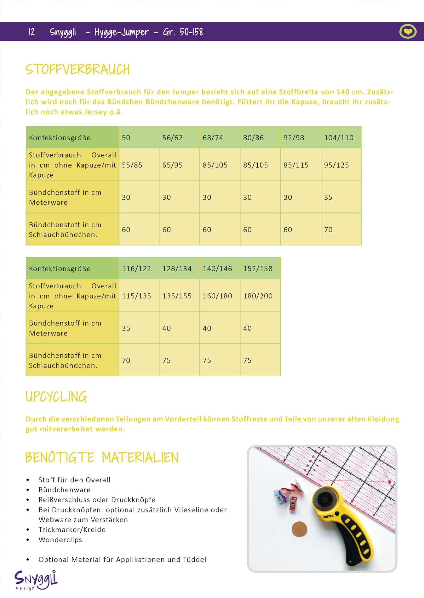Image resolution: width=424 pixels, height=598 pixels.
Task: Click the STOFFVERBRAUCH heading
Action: pyautogui.click(x=77, y=69)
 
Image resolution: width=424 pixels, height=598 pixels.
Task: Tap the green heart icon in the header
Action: pyautogui.click(x=408, y=32)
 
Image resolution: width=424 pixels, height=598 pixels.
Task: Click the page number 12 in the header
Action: pyautogui.click(x=32, y=32)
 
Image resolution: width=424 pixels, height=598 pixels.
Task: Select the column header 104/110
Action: pyautogui.click(x=339, y=138)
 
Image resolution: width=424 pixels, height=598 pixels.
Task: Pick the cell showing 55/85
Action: pyautogui.click(x=132, y=165)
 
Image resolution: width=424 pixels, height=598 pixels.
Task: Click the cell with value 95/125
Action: pyautogui.click(x=336, y=165)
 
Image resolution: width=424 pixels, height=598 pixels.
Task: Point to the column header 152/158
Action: pyautogui.click(x=258, y=269)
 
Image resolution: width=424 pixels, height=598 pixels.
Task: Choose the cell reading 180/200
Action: pyautogui.click(x=258, y=296)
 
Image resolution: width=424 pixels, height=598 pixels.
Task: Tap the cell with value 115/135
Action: pyautogui.click(x=136, y=296)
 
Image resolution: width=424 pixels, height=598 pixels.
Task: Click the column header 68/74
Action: pyautogui.click(x=213, y=138)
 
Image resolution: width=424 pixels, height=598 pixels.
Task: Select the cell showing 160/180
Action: pyautogui.click(x=217, y=296)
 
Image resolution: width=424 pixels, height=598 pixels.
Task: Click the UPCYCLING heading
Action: pyautogui.click(x=56, y=397)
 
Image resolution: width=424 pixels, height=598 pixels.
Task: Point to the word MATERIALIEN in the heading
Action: pyautogui.click(x=140, y=457)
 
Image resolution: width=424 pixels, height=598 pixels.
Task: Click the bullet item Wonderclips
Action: pyautogui.click(x=60, y=540)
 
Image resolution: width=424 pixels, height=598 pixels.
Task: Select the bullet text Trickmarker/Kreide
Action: pyautogui.click(x=72, y=529)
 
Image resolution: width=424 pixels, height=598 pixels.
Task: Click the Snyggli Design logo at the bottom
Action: pyautogui.click(x=36, y=580)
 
